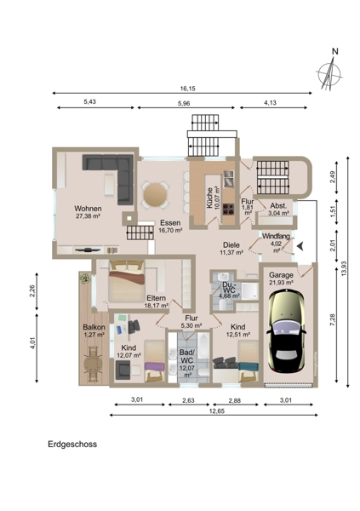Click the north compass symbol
pos(329,72)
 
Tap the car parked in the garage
pos(286,331)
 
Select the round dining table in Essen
pos(155,194)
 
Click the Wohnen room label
pos(88,209)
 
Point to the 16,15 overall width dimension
pos(187,89)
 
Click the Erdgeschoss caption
pos(72,445)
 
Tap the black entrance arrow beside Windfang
pos(300,246)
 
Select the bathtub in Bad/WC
pos(203,345)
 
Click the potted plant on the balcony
pos(85,278)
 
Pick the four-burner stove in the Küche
pos(228,209)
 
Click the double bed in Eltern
pos(127,281)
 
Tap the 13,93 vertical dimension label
pos(344,269)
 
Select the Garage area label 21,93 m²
pos(281,283)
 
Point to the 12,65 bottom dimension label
pos(217,411)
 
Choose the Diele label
pos(231,245)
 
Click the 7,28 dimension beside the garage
pos(332,319)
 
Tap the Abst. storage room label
pos(278,206)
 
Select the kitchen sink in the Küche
pos(229,179)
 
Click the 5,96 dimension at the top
pos(184,103)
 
